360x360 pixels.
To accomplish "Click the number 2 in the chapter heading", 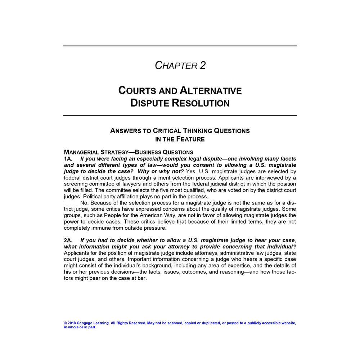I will click(x=202, y=66).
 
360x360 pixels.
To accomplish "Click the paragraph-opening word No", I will click(x=84, y=203).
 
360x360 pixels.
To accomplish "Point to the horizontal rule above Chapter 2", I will click(x=180, y=46).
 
